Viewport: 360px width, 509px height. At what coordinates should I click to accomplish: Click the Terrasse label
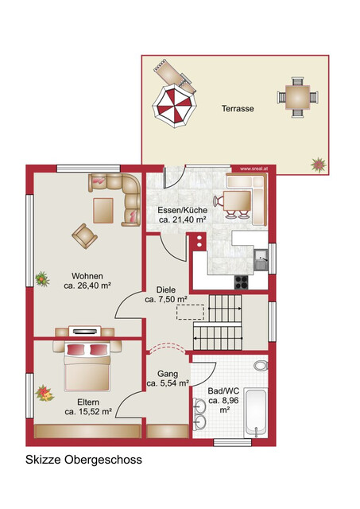(238, 108)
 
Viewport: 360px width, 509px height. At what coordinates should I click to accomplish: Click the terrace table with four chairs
(297, 99)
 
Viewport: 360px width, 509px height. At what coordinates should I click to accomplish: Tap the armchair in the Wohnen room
(84, 235)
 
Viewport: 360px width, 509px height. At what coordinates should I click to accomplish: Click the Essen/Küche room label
(183, 210)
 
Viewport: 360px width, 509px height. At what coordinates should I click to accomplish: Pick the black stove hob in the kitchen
(242, 280)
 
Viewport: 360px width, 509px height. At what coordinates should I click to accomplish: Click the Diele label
(165, 290)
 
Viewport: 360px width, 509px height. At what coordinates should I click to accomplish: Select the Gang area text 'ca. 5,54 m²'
(167, 383)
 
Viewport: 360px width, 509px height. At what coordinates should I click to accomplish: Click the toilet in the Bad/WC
(261, 365)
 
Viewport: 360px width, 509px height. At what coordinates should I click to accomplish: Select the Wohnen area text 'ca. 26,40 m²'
(87, 288)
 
